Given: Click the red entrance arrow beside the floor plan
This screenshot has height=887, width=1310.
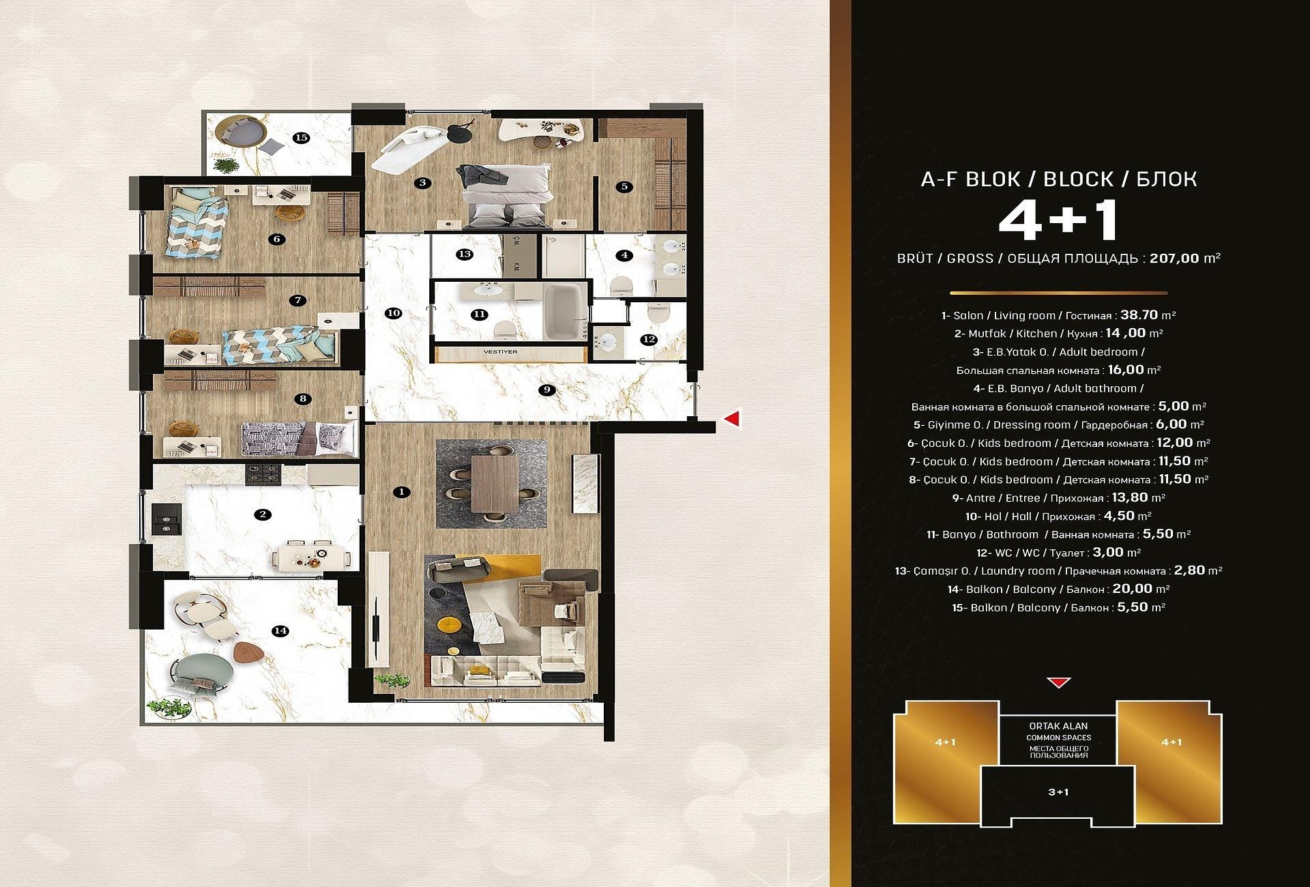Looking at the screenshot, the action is (x=732, y=419).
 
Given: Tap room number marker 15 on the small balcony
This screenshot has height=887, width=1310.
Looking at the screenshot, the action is (x=301, y=138).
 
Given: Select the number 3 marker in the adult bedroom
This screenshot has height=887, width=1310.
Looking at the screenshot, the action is (x=423, y=182).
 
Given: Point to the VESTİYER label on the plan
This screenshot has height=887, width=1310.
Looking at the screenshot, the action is (x=500, y=352).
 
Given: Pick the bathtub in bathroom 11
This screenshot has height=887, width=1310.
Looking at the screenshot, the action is (x=563, y=311).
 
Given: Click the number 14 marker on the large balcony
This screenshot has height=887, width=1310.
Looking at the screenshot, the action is (x=280, y=631).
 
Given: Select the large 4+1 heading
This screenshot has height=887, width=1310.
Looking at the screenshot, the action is (x=1058, y=220).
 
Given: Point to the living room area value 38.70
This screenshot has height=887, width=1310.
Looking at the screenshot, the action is (x=1139, y=315).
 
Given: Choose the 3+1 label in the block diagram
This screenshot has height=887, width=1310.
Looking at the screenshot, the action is (x=1058, y=792).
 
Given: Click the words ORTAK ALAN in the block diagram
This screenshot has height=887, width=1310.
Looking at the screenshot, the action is (x=1058, y=726).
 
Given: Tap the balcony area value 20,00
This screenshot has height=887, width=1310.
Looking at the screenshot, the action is (x=1132, y=589).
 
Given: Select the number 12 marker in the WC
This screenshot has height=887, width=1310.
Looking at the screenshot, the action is (x=649, y=339).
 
